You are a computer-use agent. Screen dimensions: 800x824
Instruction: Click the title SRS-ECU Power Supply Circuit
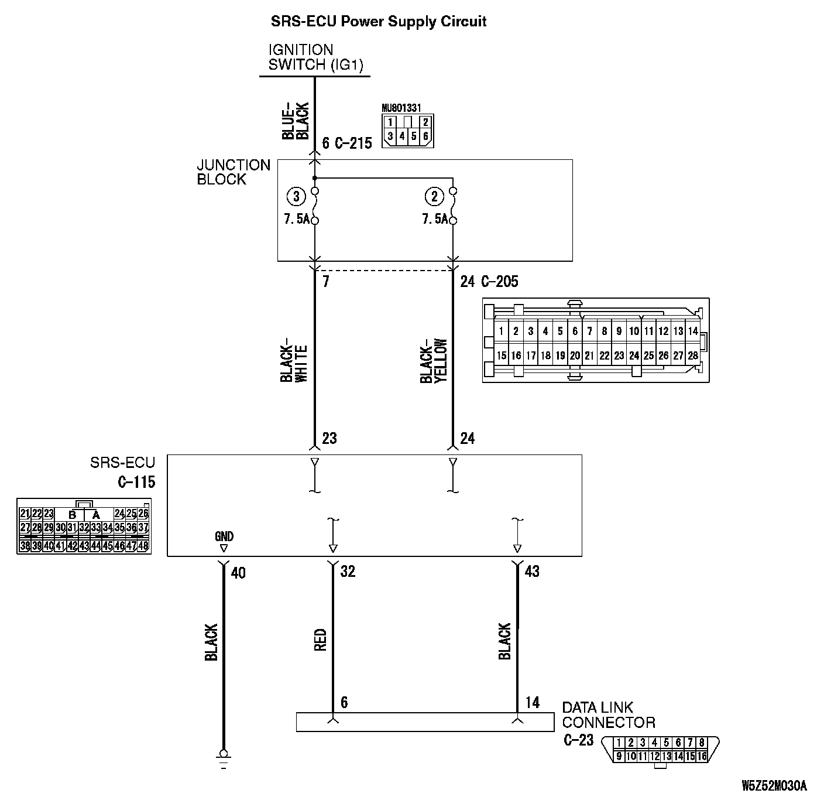click(378, 22)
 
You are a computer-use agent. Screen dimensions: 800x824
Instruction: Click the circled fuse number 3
click(296, 197)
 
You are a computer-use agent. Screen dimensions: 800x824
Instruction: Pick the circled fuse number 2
click(434, 197)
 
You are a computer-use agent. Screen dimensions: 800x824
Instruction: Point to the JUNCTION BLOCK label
click(233, 172)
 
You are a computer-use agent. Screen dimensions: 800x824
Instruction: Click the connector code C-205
click(499, 282)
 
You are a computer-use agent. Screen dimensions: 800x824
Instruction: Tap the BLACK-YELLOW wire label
click(434, 361)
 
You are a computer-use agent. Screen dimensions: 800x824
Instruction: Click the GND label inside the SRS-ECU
click(224, 536)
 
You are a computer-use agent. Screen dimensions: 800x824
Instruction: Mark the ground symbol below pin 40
click(222, 755)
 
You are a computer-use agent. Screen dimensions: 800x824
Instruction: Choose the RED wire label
click(320, 640)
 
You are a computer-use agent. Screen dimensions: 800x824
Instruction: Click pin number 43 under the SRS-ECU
click(532, 571)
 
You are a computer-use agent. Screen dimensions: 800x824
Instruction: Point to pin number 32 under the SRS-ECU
click(348, 571)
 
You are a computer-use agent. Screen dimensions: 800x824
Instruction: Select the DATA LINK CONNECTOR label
click(608, 714)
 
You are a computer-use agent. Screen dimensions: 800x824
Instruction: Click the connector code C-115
click(136, 483)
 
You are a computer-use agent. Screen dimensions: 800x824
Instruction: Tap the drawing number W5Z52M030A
click(774, 785)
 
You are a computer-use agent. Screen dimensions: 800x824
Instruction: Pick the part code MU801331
click(401, 108)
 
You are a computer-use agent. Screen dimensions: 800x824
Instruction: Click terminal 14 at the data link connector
click(532, 702)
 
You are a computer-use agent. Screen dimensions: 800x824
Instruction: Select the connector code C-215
click(353, 143)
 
